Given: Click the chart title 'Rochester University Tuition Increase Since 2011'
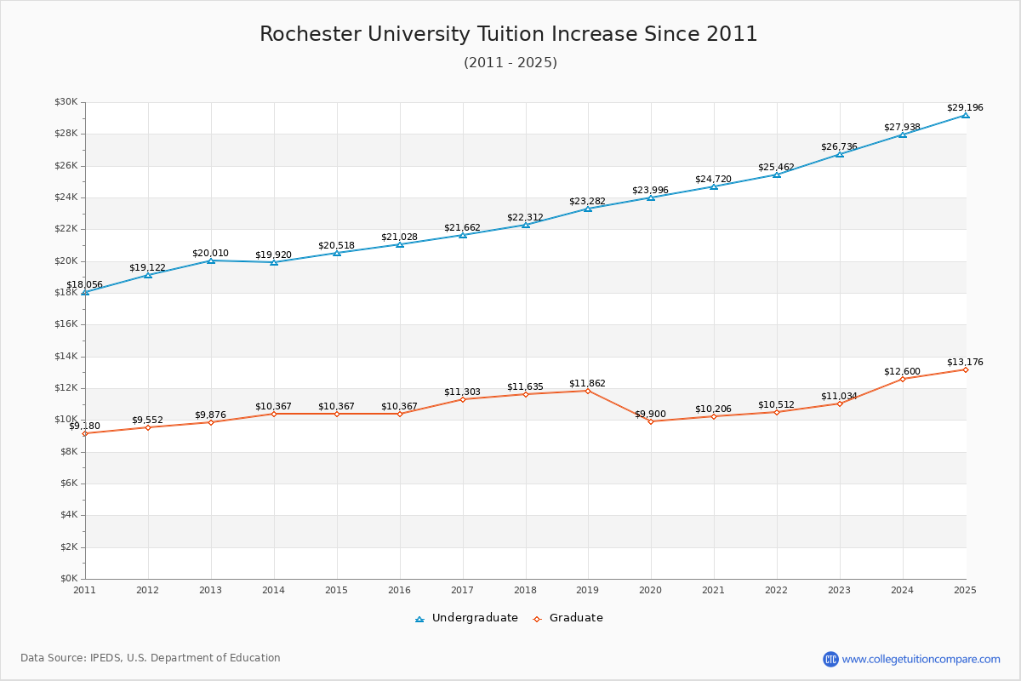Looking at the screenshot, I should (509, 34).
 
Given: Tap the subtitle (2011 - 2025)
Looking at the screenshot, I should (510, 63).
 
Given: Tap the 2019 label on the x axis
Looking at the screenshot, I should (588, 590).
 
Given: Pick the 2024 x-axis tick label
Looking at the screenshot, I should (903, 590).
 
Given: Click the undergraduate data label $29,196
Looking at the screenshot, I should (965, 108).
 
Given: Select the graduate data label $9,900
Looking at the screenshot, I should (650, 415).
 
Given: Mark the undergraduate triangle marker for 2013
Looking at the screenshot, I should (211, 260).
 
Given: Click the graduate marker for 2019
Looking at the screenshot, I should (588, 391).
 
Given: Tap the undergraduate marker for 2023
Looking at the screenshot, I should (840, 154).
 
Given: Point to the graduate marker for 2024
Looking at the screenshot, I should (903, 379).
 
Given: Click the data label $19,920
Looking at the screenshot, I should (273, 255).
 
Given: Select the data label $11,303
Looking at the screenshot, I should (462, 392).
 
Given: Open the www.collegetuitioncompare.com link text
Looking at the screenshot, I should (921, 659).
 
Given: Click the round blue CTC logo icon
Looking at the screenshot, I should (830, 659).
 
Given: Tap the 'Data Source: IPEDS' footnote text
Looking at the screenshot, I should (151, 658).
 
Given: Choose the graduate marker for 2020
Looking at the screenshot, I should (651, 421).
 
